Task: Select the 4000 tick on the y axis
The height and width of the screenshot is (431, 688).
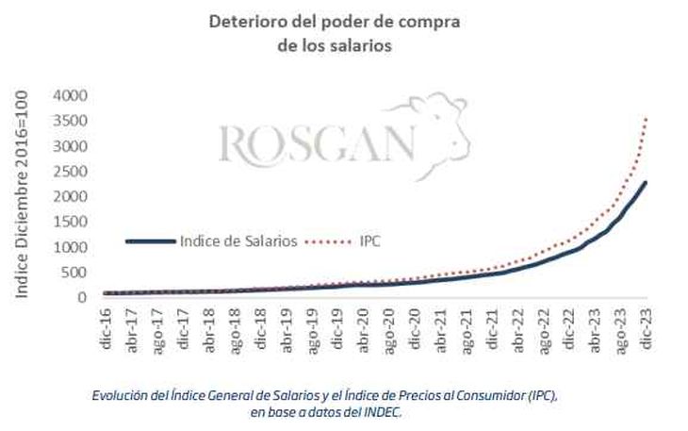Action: point(70,95)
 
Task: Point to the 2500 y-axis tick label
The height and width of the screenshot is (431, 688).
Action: point(70,172)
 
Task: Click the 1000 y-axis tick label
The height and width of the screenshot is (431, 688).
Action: point(70,247)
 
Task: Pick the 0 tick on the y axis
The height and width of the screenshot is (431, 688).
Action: point(82,298)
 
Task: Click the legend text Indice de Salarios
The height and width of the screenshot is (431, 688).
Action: point(240,241)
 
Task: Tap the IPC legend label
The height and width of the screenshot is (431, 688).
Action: point(369,241)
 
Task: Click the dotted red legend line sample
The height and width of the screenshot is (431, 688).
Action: point(330,241)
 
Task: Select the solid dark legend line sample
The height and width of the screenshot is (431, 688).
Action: point(151,241)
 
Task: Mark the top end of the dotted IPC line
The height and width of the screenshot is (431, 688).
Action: point(646,118)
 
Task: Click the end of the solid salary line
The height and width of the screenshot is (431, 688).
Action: point(646,182)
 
